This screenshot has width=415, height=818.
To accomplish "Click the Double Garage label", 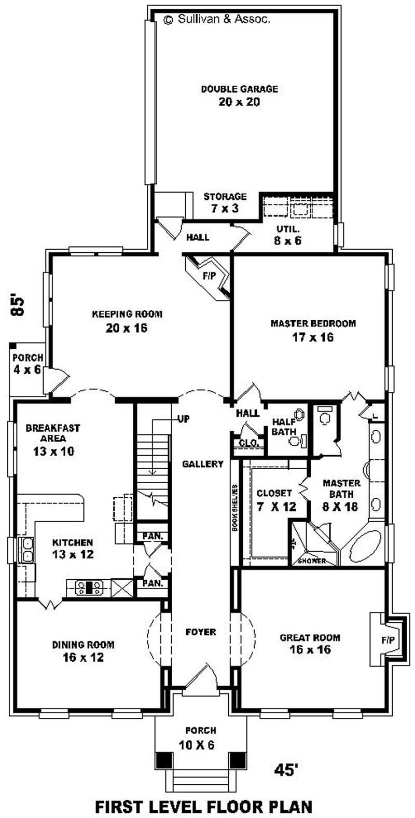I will [x=239, y=96].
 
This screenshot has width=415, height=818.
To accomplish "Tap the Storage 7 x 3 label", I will [x=225, y=202].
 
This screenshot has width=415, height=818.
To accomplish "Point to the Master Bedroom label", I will [x=313, y=330].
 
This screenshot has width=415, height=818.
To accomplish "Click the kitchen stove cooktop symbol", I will [x=91, y=588].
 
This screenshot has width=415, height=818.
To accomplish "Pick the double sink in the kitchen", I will [x=26, y=551].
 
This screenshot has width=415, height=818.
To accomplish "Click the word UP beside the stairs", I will [x=183, y=418].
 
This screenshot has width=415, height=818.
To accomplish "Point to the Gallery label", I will [x=203, y=464].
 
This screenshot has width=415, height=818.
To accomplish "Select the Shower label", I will [x=312, y=561].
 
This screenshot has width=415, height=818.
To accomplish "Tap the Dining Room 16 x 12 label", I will [x=83, y=651].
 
